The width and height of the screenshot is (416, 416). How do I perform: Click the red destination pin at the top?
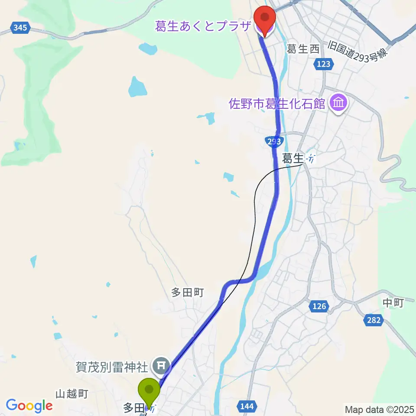(264, 18)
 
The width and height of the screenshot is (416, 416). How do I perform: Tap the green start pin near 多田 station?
(149, 390)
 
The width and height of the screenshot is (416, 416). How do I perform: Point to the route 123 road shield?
(323, 64)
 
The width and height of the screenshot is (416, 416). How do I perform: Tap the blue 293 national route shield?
(274, 142)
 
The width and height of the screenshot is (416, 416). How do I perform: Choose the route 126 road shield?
(318, 306)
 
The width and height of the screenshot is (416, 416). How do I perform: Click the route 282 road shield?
(374, 320)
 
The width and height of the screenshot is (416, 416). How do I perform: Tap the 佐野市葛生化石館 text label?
(278, 104)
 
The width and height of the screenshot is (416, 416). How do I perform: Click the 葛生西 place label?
(303, 49)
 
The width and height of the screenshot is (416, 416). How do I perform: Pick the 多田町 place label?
(187, 293)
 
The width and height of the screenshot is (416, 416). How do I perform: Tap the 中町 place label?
(393, 303)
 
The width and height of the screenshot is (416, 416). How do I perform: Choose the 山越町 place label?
(72, 394)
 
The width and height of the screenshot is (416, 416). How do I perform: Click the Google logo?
(29, 406)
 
